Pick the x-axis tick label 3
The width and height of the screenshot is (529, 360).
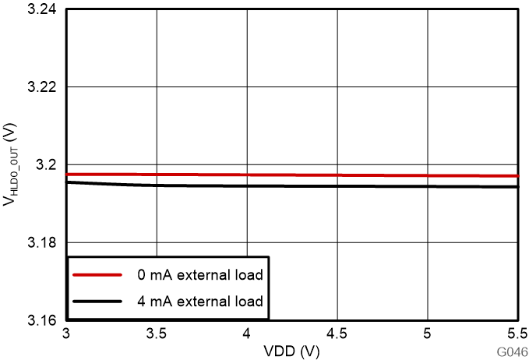pos(67,334)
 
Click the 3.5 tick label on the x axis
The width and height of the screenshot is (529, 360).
pos(157,334)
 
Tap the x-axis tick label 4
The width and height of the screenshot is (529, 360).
pos(247,334)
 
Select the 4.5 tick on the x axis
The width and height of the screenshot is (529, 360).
pos(337,334)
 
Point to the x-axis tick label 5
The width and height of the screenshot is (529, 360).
pos(428,334)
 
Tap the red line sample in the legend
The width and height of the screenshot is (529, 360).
pos(97,275)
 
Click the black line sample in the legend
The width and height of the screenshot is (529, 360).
pos(97,301)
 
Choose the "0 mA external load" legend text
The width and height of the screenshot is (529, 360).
pos(199,275)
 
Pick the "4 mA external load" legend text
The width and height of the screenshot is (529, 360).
pos(199,301)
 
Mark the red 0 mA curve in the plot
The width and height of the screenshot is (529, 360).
pos(312,175)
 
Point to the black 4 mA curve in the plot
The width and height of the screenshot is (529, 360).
pos(312,186)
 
